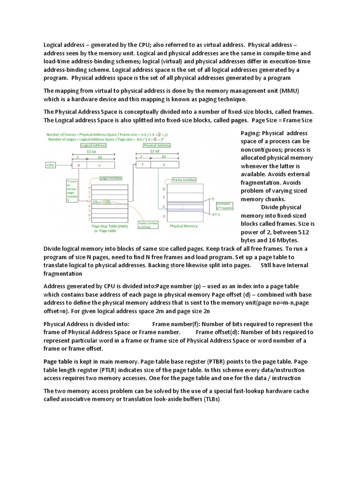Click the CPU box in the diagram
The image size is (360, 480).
pos(51,165)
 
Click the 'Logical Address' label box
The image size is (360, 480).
pos(93,145)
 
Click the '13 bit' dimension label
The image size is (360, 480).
pos(92,152)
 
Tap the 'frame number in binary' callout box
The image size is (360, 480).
pos(148,225)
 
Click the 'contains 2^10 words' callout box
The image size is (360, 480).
pos(223,206)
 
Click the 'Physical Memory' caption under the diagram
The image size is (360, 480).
pos(184,226)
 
